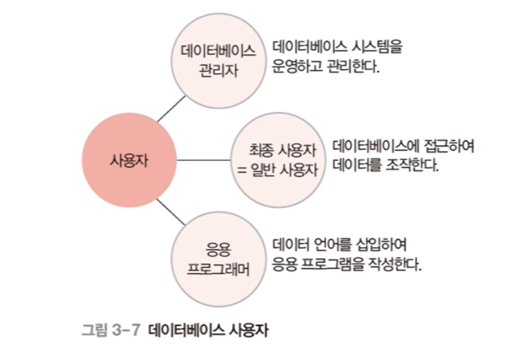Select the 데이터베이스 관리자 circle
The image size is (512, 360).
coord(218,60)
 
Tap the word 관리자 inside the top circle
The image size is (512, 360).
coord(218,70)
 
